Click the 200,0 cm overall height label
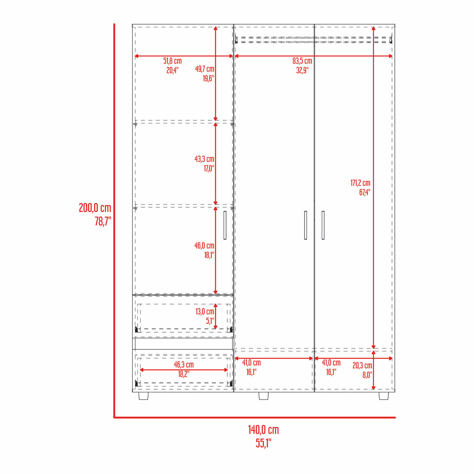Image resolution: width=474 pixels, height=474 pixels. pyautogui.click(x=95, y=208)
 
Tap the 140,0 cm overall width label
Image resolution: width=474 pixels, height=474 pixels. pyautogui.click(x=263, y=430)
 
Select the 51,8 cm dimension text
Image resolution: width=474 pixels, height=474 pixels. pyautogui.click(x=172, y=61)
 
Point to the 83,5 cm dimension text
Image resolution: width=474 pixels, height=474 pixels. pyautogui.click(x=302, y=61)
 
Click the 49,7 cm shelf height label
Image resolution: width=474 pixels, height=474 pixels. pyautogui.click(x=205, y=69)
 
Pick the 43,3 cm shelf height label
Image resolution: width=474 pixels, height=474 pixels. pyautogui.click(x=204, y=159)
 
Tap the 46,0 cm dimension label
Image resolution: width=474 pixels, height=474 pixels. pyautogui.click(x=204, y=246)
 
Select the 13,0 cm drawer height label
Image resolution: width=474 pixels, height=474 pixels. pyautogui.click(x=205, y=312)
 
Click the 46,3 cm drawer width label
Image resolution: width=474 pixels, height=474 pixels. pyautogui.click(x=184, y=365)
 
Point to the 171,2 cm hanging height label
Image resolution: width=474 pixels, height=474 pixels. pyautogui.click(x=360, y=183)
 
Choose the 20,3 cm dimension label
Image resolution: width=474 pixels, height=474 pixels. pyautogui.click(x=362, y=365)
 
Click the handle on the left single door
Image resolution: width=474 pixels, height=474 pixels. pyautogui.click(x=225, y=225)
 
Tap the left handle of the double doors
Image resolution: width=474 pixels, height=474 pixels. pyautogui.click(x=305, y=225)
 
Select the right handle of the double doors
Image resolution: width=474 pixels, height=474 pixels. pyautogui.click(x=323, y=225)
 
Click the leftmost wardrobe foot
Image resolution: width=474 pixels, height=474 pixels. pyautogui.click(x=143, y=396)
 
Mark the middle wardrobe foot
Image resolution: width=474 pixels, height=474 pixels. pyautogui.click(x=264, y=396)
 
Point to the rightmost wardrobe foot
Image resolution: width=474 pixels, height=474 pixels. pyautogui.click(x=383, y=396)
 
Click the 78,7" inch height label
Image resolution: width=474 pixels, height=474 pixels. pyautogui.click(x=103, y=221)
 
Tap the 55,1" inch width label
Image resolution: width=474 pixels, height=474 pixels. pyautogui.click(x=263, y=443)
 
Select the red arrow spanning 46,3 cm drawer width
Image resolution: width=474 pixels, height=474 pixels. pyautogui.click(x=184, y=370)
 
